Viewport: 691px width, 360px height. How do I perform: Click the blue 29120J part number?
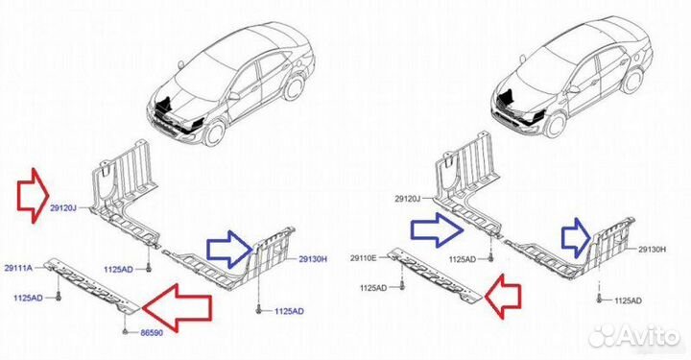[x=63, y=208]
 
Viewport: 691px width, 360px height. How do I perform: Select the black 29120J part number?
[x=408, y=199]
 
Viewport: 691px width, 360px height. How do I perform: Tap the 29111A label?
[x=18, y=268]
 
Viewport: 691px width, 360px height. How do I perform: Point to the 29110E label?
[x=364, y=258]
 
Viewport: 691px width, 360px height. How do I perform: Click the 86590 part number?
[x=152, y=333]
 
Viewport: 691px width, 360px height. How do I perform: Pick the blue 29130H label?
[x=313, y=259]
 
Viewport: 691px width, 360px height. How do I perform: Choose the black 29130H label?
[x=653, y=250]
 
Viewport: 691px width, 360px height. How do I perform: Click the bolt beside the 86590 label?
[x=126, y=330]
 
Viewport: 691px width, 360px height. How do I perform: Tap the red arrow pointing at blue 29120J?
[x=33, y=194]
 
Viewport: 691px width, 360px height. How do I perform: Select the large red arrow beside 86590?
[x=177, y=307]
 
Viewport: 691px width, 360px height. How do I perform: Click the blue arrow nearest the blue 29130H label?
[x=230, y=249]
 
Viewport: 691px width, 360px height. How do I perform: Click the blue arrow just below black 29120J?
[x=437, y=229]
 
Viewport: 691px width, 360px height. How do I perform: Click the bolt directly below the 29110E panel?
[x=403, y=286]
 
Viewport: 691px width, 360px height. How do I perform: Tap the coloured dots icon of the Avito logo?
[x=603, y=336]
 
